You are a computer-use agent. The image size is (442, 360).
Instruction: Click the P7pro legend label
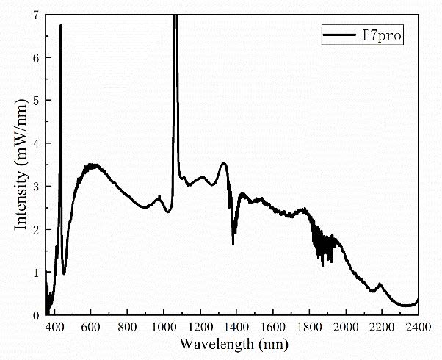click(383, 35)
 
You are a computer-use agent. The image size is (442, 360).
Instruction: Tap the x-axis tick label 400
click(54, 326)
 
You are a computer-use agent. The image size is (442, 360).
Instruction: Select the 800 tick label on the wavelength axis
click(127, 326)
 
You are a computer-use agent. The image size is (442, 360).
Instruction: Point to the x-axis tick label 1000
click(163, 326)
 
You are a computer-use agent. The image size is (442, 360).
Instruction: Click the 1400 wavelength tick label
click(236, 326)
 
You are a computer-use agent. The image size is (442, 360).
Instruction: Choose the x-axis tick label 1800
click(308, 326)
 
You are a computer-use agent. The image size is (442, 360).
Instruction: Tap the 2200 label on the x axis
click(381, 326)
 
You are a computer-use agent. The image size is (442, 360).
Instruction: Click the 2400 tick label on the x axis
click(417, 326)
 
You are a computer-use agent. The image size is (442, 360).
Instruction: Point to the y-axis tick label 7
click(37, 15)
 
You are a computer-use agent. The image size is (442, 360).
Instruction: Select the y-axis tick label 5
click(37, 100)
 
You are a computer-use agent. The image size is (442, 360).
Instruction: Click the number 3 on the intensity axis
click(37, 186)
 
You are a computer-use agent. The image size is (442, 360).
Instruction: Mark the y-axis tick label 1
click(37, 272)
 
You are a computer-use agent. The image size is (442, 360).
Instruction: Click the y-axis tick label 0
click(37, 314)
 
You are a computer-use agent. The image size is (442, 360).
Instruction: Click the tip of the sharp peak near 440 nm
click(60, 26)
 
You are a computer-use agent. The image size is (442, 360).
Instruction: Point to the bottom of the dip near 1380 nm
click(233, 243)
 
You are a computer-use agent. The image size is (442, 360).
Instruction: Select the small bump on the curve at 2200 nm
click(380, 284)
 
